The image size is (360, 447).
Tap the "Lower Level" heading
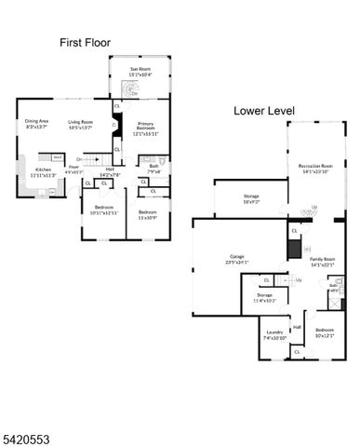coord(263,111)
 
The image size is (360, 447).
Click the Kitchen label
coord(43,171)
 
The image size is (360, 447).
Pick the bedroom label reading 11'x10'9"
coord(148,213)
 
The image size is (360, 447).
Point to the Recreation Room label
coord(314,169)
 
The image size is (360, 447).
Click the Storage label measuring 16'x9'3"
coord(252,198)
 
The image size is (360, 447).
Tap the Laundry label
coord(274,334)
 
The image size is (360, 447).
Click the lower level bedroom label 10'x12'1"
coord(325,332)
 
